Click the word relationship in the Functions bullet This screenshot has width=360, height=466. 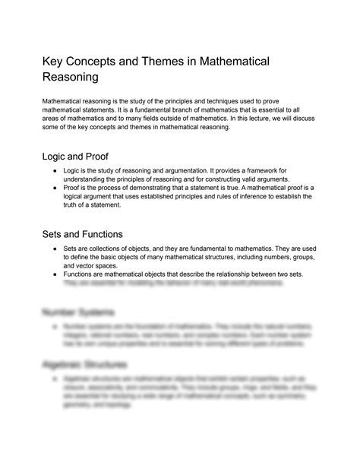pyautogui.click(x=257, y=274)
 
